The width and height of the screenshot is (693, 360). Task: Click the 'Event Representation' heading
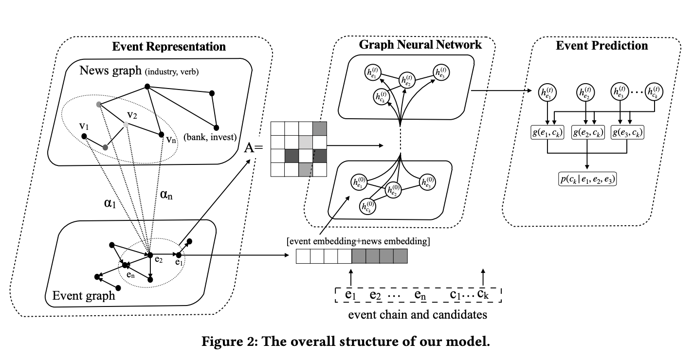169,47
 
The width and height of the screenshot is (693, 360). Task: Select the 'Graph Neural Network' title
420,45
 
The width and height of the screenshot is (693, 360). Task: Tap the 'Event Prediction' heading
602,46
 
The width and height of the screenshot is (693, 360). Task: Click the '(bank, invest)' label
210,137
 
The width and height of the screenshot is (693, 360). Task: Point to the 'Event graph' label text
83,295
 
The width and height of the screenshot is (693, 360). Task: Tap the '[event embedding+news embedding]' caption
358,242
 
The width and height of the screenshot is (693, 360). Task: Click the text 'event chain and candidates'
418,314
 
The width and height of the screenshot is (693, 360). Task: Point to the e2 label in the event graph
158,260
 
